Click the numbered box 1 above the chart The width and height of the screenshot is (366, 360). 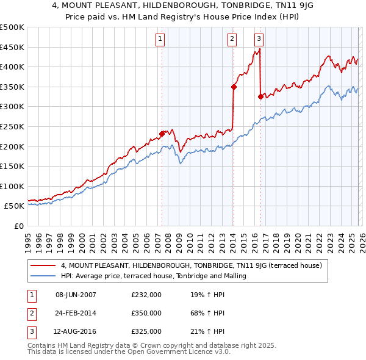click(160, 38)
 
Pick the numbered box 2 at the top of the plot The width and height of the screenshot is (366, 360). click(232, 38)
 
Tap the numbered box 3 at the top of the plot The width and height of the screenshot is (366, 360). click(259, 38)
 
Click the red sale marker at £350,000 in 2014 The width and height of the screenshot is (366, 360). click(234, 87)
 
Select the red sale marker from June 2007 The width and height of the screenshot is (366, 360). click(162, 134)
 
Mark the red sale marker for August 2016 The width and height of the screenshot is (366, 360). click(260, 96)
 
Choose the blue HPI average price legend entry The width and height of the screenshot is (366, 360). click(153, 276)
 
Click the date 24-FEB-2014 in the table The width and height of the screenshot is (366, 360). click(76, 313)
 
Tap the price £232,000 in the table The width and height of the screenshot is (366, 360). click(146, 295)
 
